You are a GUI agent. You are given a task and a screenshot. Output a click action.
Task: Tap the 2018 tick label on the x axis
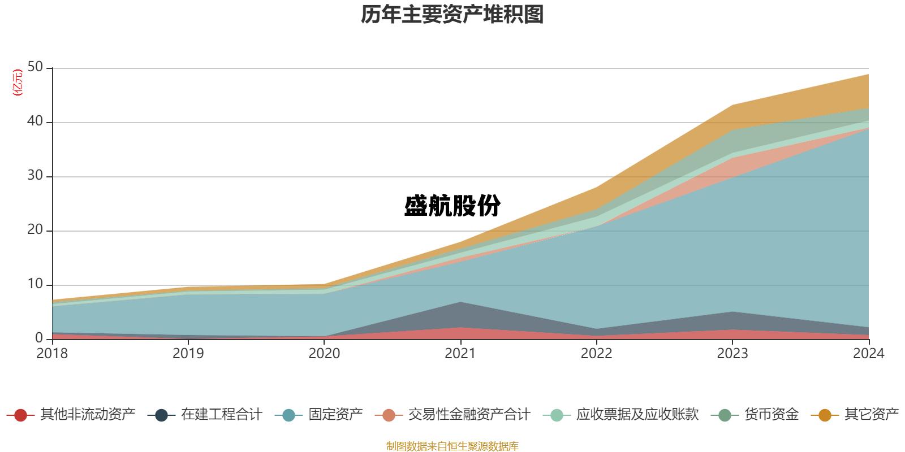tap(52, 354)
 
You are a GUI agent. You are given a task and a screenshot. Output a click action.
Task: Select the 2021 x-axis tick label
tap(460, 354)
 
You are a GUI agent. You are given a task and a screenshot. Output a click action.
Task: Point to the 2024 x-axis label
tap(868, 354)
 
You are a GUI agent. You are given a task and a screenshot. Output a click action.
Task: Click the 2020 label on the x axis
tap(324, 354)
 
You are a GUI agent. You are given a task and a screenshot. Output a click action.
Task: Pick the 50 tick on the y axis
tap(35, 67)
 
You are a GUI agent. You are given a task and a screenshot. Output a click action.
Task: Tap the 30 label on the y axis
tap(35, 176)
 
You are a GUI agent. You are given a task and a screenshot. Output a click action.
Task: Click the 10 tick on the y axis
tap(35, 284)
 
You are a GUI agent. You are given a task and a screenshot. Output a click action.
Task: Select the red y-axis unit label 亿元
tap(18, 82)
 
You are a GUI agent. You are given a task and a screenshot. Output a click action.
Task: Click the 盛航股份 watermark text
tap(452, 206)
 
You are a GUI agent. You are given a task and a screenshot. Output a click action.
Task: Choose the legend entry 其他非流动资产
tap(88, 415)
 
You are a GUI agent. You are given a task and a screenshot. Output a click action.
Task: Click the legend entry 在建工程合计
tap(221, 415)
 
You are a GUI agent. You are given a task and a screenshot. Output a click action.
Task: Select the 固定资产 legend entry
tap(335, 415)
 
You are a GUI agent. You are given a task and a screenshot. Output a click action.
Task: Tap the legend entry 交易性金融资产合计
tap(469, 415)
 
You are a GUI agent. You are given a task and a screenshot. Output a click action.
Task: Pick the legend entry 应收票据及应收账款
tap(637, 415)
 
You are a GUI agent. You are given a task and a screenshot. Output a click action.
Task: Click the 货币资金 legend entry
tap(771, 415)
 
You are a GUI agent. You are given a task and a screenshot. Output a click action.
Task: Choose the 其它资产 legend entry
tap(871, 415)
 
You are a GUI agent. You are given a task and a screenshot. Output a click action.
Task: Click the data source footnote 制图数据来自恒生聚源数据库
tap(452, 446)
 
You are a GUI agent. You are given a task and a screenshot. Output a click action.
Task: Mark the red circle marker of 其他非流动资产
tap(20, 415)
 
